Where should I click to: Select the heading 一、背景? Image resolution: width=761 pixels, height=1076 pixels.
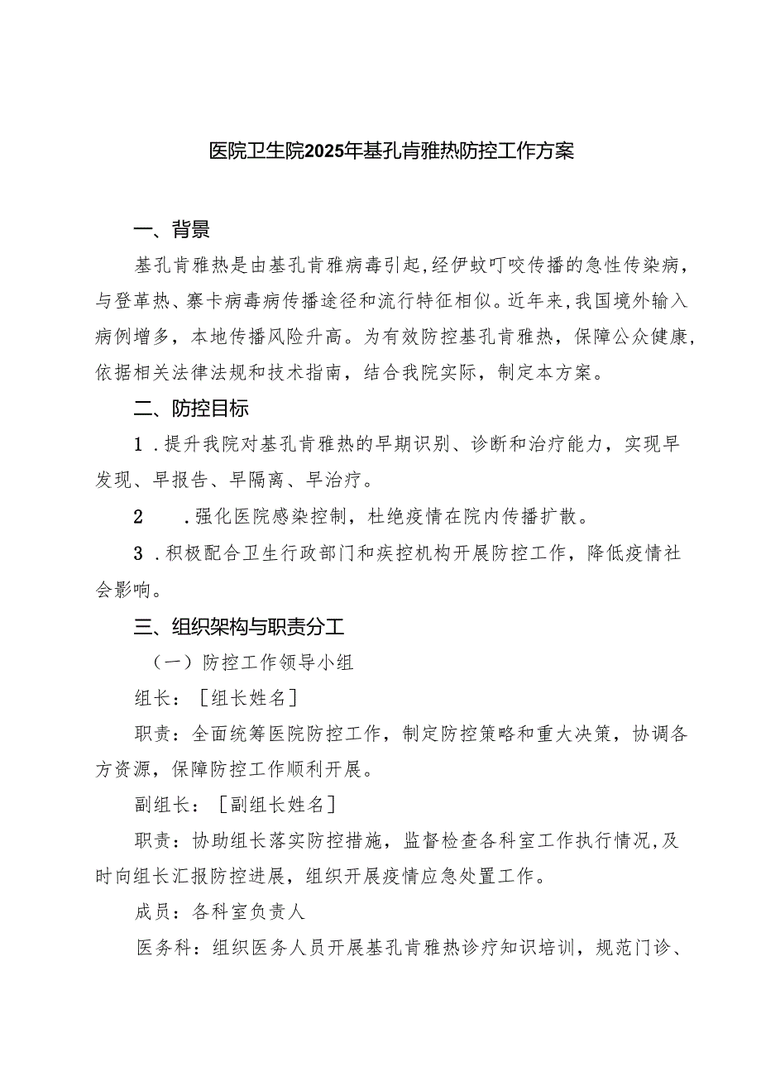point(172,229)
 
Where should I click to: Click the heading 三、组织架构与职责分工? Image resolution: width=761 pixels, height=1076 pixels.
point(239,627)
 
